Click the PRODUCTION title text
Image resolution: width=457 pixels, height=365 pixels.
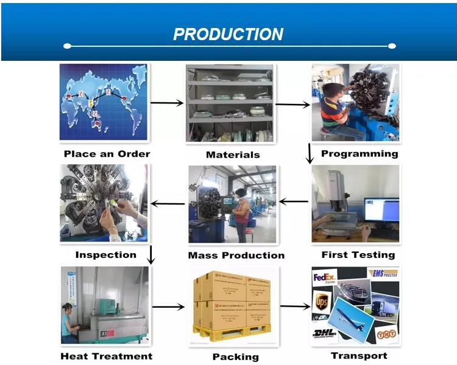pos(228,35)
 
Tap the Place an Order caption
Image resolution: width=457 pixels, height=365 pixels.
pos(107,154)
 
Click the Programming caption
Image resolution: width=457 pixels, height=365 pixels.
pos(360,154)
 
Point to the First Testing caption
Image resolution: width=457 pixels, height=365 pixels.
pos(358,255)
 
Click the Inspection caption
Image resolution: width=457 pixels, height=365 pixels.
pos(105,255)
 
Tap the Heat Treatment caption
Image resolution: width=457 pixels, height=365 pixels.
pos(106,356)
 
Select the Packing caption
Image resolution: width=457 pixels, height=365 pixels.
pos(235,356)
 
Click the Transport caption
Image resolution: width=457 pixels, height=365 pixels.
pos(359,355)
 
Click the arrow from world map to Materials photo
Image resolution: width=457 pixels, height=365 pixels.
pos(166,103)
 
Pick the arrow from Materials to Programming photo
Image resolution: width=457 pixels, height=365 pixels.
pos(292,105)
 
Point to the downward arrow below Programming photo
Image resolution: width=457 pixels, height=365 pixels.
pos(310,153)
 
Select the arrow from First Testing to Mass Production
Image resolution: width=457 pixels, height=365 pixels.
pos(293,202)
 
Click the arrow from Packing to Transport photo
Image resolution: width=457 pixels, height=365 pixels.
pos(294,307)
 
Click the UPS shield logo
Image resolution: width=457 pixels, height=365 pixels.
pos(322,302)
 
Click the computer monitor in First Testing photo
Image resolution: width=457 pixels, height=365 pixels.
pos(381,210)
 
